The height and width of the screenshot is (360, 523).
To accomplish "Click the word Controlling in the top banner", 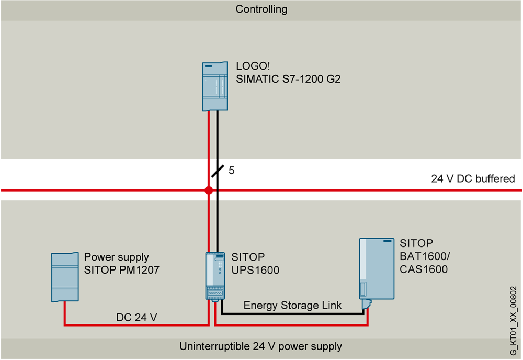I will (x=261, y=9).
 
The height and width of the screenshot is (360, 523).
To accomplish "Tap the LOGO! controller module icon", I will (x=215, y=86).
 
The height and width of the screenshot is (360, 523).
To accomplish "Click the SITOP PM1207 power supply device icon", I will (x=64, y=277).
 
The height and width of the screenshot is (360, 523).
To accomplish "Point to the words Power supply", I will (x=116, y=257).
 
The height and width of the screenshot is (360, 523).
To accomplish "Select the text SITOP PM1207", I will (x=121, y=270).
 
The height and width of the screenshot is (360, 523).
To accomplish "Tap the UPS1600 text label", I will (x=255, y=270).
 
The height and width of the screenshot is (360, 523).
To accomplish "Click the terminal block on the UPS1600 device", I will (x=215, y=294).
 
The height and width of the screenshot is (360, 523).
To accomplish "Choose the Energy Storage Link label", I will (x=292, y=305).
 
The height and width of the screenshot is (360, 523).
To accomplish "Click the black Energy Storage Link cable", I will (x=293, y=314).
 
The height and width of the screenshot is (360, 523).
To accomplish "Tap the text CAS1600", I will (x=424, y=269).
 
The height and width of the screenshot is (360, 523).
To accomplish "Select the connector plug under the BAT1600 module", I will (x=367, y=303).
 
